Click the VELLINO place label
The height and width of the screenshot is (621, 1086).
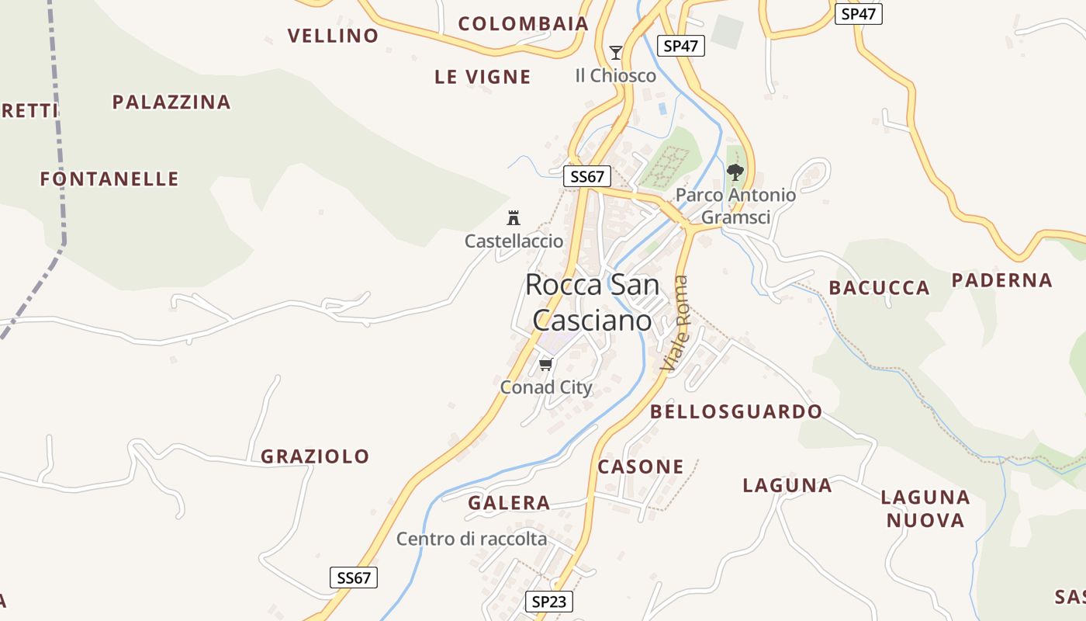pos(333,36)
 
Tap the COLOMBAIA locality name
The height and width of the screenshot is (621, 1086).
pos(524,24)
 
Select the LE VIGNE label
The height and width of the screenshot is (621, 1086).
pos(482,77)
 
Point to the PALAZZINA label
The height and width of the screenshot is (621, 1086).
pos(171,102)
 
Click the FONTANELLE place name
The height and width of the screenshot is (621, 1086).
pos(109,179)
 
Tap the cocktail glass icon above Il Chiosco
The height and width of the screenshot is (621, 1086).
pos(616,53)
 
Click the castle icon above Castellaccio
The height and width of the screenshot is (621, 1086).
pos(514,218)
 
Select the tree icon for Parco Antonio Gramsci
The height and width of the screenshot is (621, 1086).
pos(735,172)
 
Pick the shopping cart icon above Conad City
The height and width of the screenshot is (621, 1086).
pos(546,364)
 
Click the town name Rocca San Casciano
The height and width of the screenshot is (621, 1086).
pos(592,302)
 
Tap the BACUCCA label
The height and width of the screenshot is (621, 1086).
pos(879,288)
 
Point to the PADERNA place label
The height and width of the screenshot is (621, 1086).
pos(1001,280)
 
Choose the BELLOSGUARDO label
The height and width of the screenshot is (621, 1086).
pos(736,411)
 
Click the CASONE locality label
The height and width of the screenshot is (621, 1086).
pos(641,467)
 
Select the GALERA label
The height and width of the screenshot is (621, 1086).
pos(509,503)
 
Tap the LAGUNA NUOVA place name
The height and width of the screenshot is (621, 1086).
pos(925,508)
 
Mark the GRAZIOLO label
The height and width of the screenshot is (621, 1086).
pos(315,456)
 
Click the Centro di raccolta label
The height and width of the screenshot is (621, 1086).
pos(472,539)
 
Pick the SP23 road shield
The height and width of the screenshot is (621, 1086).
pos(549,602)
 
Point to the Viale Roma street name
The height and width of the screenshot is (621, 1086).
pos(674,323)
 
